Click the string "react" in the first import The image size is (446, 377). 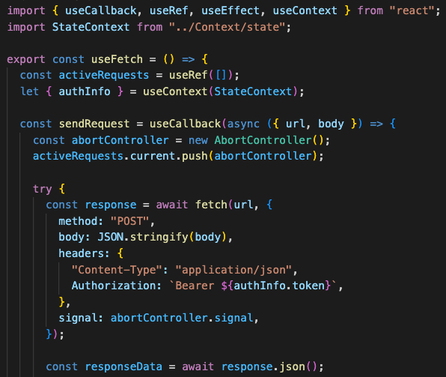coord(412,10)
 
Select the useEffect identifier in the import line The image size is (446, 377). coord(230,10)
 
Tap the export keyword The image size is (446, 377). coord(26,60)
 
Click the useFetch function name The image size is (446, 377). coord(117,59)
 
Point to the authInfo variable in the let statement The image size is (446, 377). coord(85,91)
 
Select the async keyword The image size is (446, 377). coord(243,124)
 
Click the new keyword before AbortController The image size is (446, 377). coord(198,140)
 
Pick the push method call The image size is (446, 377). coord(195,157)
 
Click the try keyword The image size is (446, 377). coord(43,189)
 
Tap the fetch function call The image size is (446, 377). coord(211,205)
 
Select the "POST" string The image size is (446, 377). coord(129,221)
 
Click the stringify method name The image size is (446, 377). coord(159,238)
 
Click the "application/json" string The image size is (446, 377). coord(233,270)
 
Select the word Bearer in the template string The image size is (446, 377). coord(195,286)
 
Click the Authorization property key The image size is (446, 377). coord(114,286)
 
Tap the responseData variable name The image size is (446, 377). coord(123,367)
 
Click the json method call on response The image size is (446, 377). coord(292,367)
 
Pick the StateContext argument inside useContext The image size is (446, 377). coord(253,91)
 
